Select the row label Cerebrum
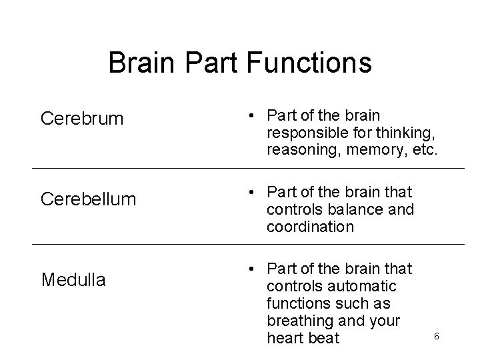[82, 119]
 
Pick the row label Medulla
[73, 280]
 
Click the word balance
[354, 209]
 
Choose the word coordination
[310, 227]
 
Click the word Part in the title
[213, 63]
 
